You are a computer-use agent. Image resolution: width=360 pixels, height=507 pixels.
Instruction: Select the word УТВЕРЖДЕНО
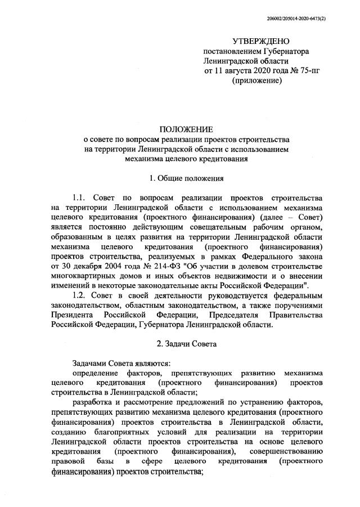point(261,41)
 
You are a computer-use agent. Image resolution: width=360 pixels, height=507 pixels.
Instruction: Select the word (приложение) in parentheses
point(256,81)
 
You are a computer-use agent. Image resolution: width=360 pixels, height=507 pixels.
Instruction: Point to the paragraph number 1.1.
point(81,199)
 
